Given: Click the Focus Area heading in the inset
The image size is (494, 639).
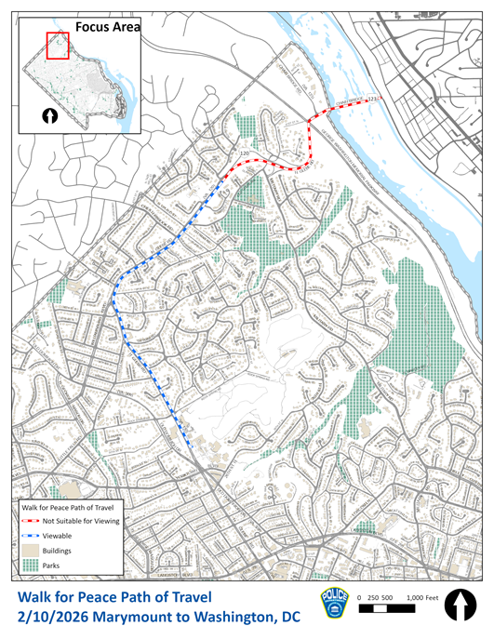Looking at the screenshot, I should point(107,28).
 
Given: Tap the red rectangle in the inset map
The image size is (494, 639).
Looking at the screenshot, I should point(58,44).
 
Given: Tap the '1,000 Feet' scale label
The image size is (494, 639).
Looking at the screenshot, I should point(422,596).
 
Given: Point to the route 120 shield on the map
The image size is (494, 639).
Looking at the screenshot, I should point(246,152).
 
